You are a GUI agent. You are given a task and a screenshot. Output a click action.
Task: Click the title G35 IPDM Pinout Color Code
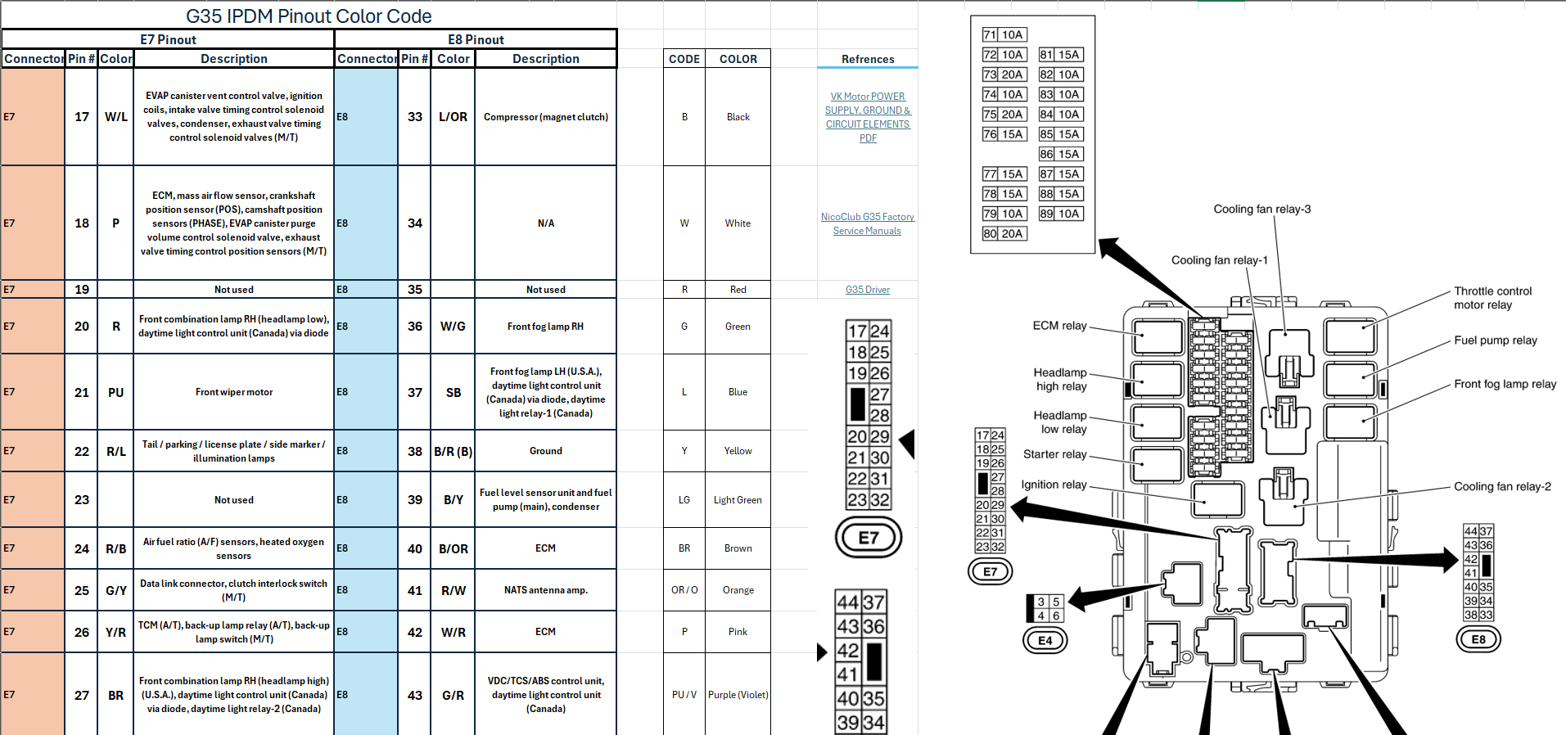click(309, 16)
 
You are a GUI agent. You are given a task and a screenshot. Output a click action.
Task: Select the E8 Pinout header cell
click(476, 39)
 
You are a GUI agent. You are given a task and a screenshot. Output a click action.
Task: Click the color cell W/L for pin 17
click(115, 117)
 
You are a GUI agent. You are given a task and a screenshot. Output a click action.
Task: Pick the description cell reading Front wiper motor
click(233, 392)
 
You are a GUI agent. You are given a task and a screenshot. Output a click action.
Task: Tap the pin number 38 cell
click(414, 451)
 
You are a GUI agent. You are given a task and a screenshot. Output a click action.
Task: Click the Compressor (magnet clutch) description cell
click(545, 117)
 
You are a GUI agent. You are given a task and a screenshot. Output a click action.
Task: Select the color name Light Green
click(737, 500)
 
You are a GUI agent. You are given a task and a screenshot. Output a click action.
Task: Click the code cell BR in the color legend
click(684, 548)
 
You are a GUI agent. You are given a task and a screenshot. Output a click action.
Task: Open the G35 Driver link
click(867, 290)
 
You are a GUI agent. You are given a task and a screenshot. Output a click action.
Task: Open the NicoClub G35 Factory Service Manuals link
click(867, 223)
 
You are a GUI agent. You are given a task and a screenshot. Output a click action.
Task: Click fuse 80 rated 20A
click(1004, 233)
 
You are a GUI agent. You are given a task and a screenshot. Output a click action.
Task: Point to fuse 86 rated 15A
click(1060, 154)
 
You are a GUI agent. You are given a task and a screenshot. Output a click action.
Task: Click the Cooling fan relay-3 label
click(1261, 210)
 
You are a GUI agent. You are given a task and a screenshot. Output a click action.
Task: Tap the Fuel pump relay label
click(1495, 340)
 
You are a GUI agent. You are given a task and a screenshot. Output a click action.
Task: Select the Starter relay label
click(1054, 454)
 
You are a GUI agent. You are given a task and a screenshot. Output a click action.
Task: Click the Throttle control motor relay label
click(1492, 298)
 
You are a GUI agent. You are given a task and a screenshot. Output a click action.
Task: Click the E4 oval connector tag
click(1045, 640)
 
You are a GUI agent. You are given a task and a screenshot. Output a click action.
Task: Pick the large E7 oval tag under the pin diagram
click(868, 538)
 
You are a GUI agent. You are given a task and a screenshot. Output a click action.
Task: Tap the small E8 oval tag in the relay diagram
click(1478, 639)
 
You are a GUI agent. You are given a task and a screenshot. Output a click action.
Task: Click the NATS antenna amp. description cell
click(545, 590)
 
